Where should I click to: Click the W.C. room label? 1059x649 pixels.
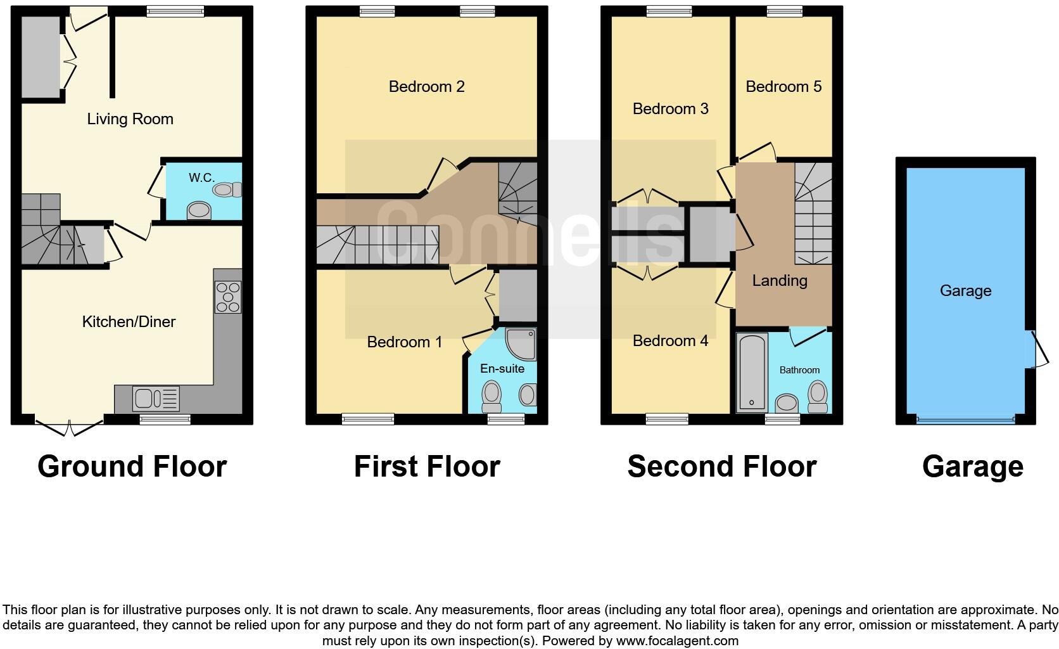point(201,177)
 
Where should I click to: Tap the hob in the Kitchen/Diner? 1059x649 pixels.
point(228,297)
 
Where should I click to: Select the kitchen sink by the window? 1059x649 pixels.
point(156,399)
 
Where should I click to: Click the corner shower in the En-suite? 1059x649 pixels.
point(522,344)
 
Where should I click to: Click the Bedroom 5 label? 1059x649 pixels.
point(783,87)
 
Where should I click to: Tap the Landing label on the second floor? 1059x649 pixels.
point(780,280)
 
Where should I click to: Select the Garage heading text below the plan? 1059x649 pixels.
point(972,466)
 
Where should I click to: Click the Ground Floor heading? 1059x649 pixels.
point(132,466)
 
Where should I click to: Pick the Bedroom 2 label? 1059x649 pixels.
point(426,87)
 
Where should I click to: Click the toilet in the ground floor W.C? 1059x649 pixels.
point(227,190)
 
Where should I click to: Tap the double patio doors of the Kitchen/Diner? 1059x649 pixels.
point(69,427)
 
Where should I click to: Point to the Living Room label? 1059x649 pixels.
point(130,119)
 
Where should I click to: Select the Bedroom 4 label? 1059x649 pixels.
point(670,341)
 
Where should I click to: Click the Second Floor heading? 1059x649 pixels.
point(721,466)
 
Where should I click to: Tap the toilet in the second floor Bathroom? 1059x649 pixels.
point(818,397)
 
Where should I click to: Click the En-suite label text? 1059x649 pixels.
point(502,368)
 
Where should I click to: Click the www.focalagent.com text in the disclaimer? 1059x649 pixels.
point(677,641)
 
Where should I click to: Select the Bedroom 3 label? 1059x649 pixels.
point(670,109)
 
